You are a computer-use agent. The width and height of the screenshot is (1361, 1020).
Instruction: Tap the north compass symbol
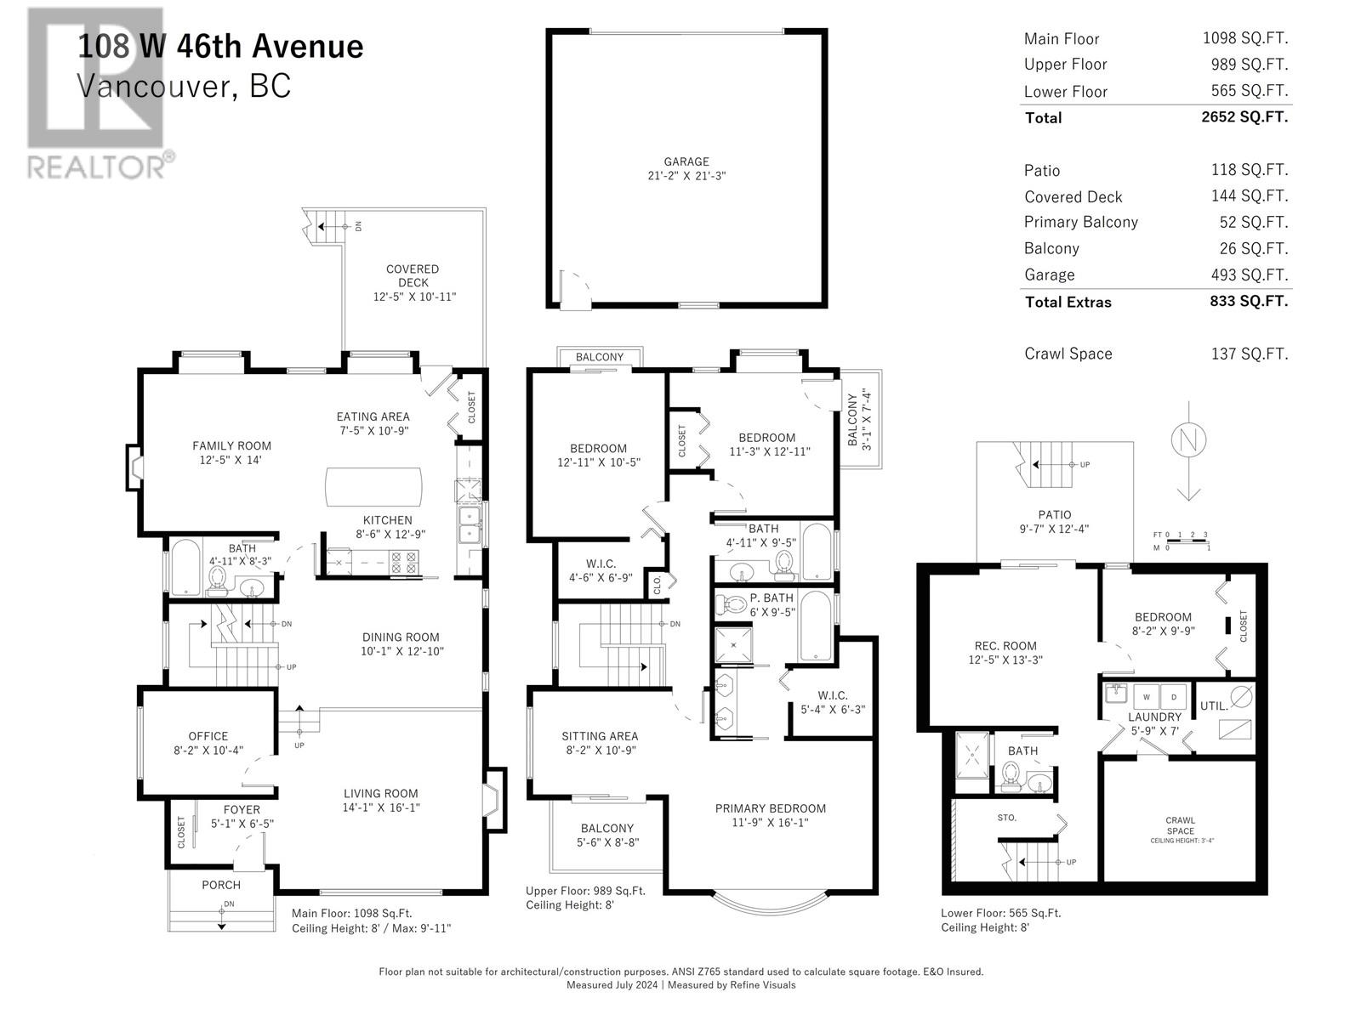pos(1188,440)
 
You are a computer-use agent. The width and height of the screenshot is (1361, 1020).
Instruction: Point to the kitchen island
pos(373,487)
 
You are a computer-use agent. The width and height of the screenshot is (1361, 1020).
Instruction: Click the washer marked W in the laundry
pos(1146,697)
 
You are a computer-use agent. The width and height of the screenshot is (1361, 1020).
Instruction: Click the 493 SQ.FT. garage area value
pos(1249,275)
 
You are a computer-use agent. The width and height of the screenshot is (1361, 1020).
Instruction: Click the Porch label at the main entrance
pos(221,885)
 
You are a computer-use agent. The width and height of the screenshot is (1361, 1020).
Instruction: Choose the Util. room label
pos(1213,705)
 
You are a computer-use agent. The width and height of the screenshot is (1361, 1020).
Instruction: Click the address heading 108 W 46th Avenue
pos(220,46)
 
